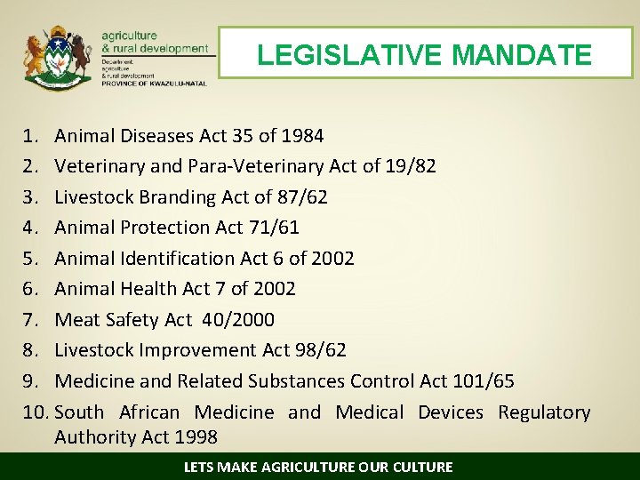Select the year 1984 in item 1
coord(302,136)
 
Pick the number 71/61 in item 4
coord(275,228)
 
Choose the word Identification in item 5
coord(180,258)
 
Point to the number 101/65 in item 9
coord(484,380)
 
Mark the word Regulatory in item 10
coord(544,412)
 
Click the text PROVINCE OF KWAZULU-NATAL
coord(154,84)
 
